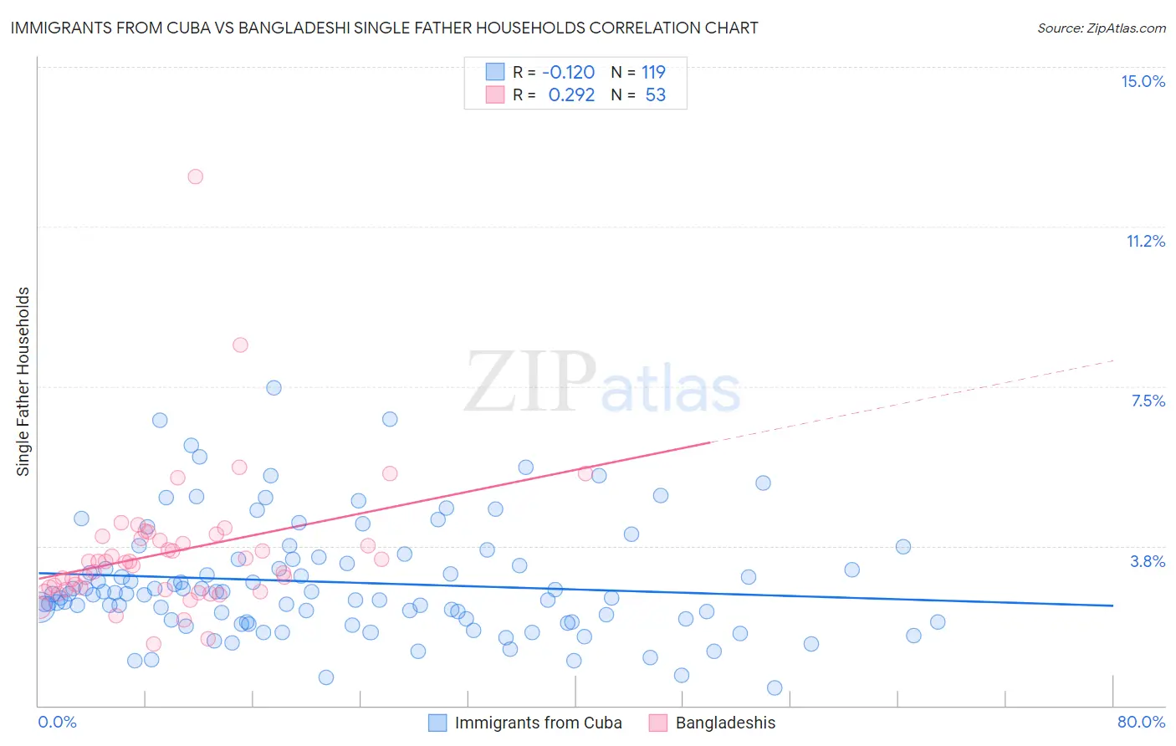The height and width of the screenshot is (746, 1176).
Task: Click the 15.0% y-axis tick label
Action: click(x=1143, y=81)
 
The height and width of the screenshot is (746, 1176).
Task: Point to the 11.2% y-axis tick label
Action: click(x=1145, y=241)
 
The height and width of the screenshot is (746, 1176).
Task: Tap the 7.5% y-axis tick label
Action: click(x=1148, y=401)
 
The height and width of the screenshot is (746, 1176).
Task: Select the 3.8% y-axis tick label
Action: click(x=1148, y=561)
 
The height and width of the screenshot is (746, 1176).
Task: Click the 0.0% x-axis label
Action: click(x=57, y=722)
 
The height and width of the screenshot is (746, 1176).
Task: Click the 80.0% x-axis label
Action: click(x=1141, y=722)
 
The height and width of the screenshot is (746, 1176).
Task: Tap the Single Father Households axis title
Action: click(x=23, y=381)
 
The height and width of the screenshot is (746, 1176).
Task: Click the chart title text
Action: click(x=384, y=28)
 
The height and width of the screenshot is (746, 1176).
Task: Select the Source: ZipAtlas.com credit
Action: click(x=1101, y=28)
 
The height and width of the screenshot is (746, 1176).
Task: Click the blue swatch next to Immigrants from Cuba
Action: click(x=437, y=723)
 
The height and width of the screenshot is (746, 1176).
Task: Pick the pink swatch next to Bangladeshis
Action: click(x=658, y=723)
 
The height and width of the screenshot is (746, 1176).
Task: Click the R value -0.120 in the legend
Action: click(x=568, y=72)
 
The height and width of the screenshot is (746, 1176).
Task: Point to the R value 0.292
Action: click(x=571, y=95)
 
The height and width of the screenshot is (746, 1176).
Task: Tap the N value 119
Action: click(x=653, y=72)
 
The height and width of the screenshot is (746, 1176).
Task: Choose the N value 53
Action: click(x=656, y=95)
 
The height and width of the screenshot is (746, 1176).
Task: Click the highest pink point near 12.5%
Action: click(x=195, y=176)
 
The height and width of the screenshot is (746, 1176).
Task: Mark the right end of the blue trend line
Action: click(x=1112, y=605)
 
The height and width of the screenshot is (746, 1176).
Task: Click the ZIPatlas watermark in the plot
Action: click(x=602, y=382)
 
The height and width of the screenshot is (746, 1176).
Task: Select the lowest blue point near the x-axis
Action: click(x=775, y=687)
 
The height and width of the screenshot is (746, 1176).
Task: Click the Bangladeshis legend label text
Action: click(x=725, y=723)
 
